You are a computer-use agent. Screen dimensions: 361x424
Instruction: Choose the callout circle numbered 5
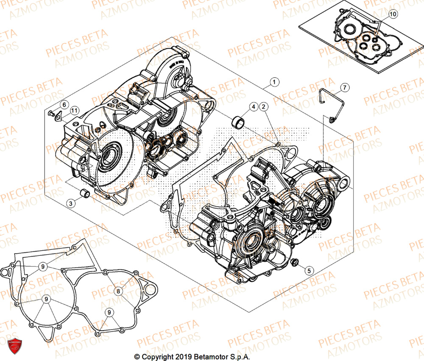(x=309, y=270)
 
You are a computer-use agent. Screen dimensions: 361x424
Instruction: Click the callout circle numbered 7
(x=345, y=87)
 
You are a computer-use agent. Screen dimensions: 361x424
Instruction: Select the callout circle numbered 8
(x=119, y=291)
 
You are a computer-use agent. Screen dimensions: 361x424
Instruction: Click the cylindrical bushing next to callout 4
(x=238, y=121)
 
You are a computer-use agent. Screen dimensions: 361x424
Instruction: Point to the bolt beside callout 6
(x=50, y=113)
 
